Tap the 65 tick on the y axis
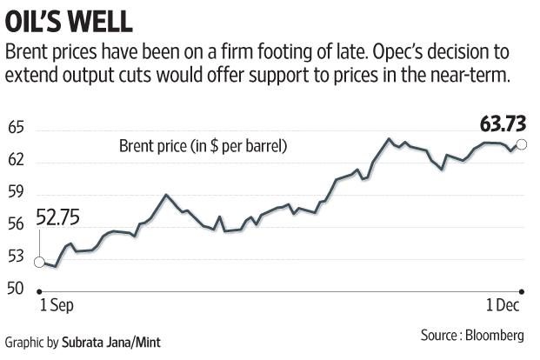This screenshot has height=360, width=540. (x=16, y=130)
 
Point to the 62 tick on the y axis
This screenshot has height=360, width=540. (x=16, y=161)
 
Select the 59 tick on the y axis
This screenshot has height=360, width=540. (x=16, y=193)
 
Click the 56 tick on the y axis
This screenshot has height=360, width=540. (x=16, y=224)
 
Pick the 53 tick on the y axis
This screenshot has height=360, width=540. (x=16, y=257)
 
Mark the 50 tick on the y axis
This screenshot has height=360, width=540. (x=16, y=288)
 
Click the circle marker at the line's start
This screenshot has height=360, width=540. (x=39, y=261)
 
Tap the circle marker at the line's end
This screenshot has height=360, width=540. (x=521, y=145)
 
